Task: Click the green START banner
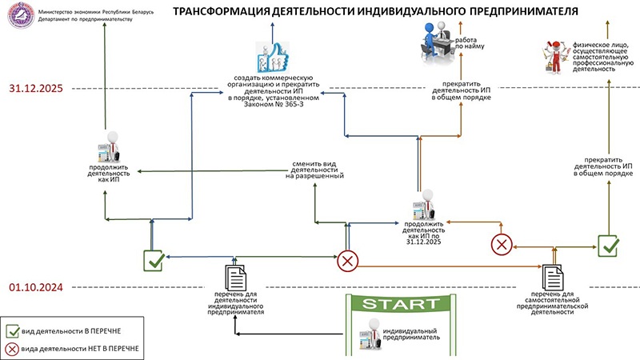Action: (401, 303)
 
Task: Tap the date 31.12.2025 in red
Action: (36, 89)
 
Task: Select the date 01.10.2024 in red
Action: (36, 287)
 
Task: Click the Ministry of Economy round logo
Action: (21, 14)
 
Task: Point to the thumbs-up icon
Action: (273, 57)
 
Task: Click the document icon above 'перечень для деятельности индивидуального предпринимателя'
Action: (235, 278)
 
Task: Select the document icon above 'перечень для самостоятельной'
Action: (553, 278)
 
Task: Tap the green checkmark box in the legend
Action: (13, 331)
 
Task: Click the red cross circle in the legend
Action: (12, 349)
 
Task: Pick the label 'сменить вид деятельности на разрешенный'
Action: (314, 170)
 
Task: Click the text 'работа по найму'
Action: (470, 43)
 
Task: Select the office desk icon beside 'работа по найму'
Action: (437, 43)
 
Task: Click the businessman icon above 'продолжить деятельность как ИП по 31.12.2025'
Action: (424, 205)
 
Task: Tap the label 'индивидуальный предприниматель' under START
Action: (410, 334)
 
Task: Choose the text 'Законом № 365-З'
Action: (274, 104)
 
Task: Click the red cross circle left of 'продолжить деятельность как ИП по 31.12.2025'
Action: (348, 262)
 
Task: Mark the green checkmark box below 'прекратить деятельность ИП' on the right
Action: (608, 246)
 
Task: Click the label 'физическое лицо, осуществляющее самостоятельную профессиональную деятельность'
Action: (603, 57)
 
